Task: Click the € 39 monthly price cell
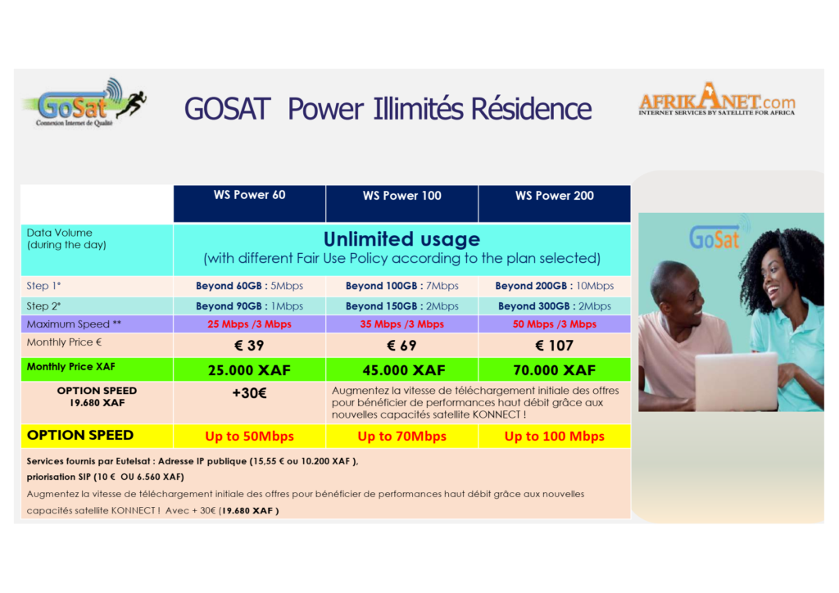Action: click(x=249, y=346)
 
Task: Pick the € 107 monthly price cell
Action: click(x=555, y=346)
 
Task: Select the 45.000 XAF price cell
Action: click(x=401, y=370)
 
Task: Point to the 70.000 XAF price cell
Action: click(x=555, y=370)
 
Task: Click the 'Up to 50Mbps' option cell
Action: click(x=249, y=437)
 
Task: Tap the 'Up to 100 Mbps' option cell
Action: click(x=555, y=437)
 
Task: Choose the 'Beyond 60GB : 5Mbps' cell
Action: click(x=249, y=286)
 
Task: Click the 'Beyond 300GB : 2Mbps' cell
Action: click(x=555, y=306)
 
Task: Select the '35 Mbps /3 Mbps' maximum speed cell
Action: click(x=401, y=324)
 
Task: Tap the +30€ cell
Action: click(x=249, y=392)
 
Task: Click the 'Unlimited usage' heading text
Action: click(x=401, y=239)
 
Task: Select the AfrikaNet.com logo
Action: click(x=717, y=103)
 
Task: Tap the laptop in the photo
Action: click(x=735, y=381)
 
